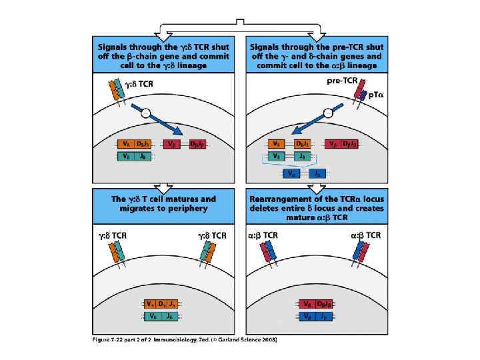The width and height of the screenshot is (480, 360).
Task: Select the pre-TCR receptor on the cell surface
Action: point(358,92)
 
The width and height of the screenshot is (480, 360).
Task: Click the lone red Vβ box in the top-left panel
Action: point(172,143)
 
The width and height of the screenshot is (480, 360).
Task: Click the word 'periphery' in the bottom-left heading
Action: point(187,209)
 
